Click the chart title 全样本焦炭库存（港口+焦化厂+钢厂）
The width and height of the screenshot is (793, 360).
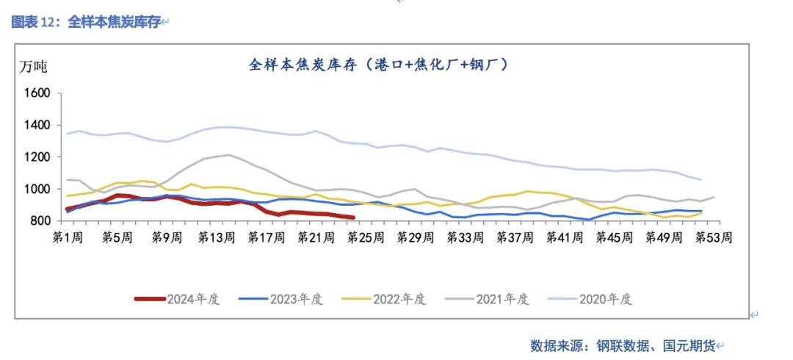pyautogui.click(x=379, y=65)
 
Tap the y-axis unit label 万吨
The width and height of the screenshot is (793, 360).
pyautogui.click(x=34, y=67)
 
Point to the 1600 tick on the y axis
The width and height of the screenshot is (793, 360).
pyautogui.click(x=37, y=93)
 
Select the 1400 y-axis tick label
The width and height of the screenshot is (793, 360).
pyautogui.click(x=37, y=126)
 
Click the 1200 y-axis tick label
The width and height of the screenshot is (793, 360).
pyautogui.click(x=37, y=157)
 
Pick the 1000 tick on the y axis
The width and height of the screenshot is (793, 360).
pyautogui.click(x=37, y=189)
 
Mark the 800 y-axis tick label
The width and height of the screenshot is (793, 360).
pyautogui.click(x=40, y=220)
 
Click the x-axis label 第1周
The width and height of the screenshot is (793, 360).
pyautogui.click(x=66, y=237)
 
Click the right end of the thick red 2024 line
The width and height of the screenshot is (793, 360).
pyautogui.click(x=353, y=217)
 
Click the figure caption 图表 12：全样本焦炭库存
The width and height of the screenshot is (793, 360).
pyautogui.click(x=87, y=22)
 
